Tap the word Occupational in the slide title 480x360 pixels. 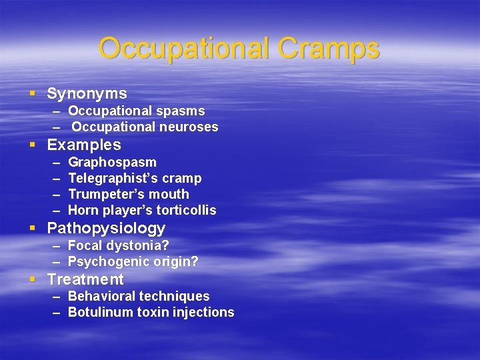tap(183, 48)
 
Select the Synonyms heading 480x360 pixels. tap(87, 94)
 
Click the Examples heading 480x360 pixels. tap(84, 145)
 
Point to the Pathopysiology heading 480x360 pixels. tap(106, 229)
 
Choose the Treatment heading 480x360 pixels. tap(85, 279)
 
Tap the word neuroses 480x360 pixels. tap(189, 127)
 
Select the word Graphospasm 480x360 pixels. tap(112, 162)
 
